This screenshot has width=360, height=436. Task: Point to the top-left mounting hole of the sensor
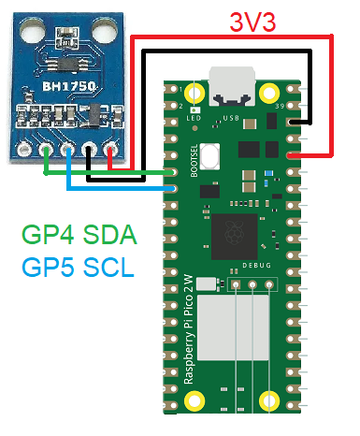pyautogui.click(x=22, y=38)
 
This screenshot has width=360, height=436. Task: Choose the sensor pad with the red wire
pyautogui.click(x=112, y=148)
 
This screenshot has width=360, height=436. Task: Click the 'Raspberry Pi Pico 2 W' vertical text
pyautogui.click(x=191, y=337)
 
